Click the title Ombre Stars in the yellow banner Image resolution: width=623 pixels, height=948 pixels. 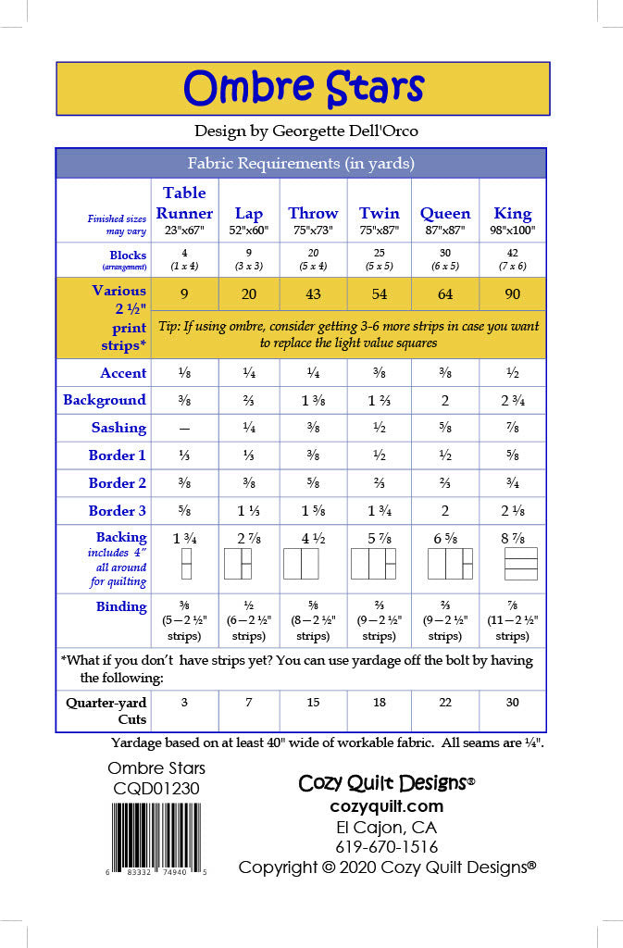(303, 89)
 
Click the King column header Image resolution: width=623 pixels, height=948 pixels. (512, 213)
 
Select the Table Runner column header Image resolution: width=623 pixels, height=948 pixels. (184, 203)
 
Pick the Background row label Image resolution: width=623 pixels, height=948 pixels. (105, 400)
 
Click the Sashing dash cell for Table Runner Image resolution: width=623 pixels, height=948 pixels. (184, 428)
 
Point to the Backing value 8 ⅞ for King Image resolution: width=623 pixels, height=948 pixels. (512, 537)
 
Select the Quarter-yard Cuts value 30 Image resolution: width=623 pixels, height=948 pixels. (512, 703)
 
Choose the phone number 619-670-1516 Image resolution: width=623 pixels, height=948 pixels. (386, 847)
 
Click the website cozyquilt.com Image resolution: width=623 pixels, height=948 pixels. (386, 806)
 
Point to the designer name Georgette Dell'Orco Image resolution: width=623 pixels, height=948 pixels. (344, 131)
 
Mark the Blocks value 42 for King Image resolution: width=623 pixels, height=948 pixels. (512, 253)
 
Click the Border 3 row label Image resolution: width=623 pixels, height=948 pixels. (118, 510)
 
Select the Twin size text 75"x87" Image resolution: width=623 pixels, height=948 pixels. (379, 231)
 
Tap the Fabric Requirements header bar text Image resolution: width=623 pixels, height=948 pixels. (301, 164)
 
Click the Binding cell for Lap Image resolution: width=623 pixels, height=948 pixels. (248, 620)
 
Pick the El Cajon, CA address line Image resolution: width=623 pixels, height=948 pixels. (386, 827)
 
